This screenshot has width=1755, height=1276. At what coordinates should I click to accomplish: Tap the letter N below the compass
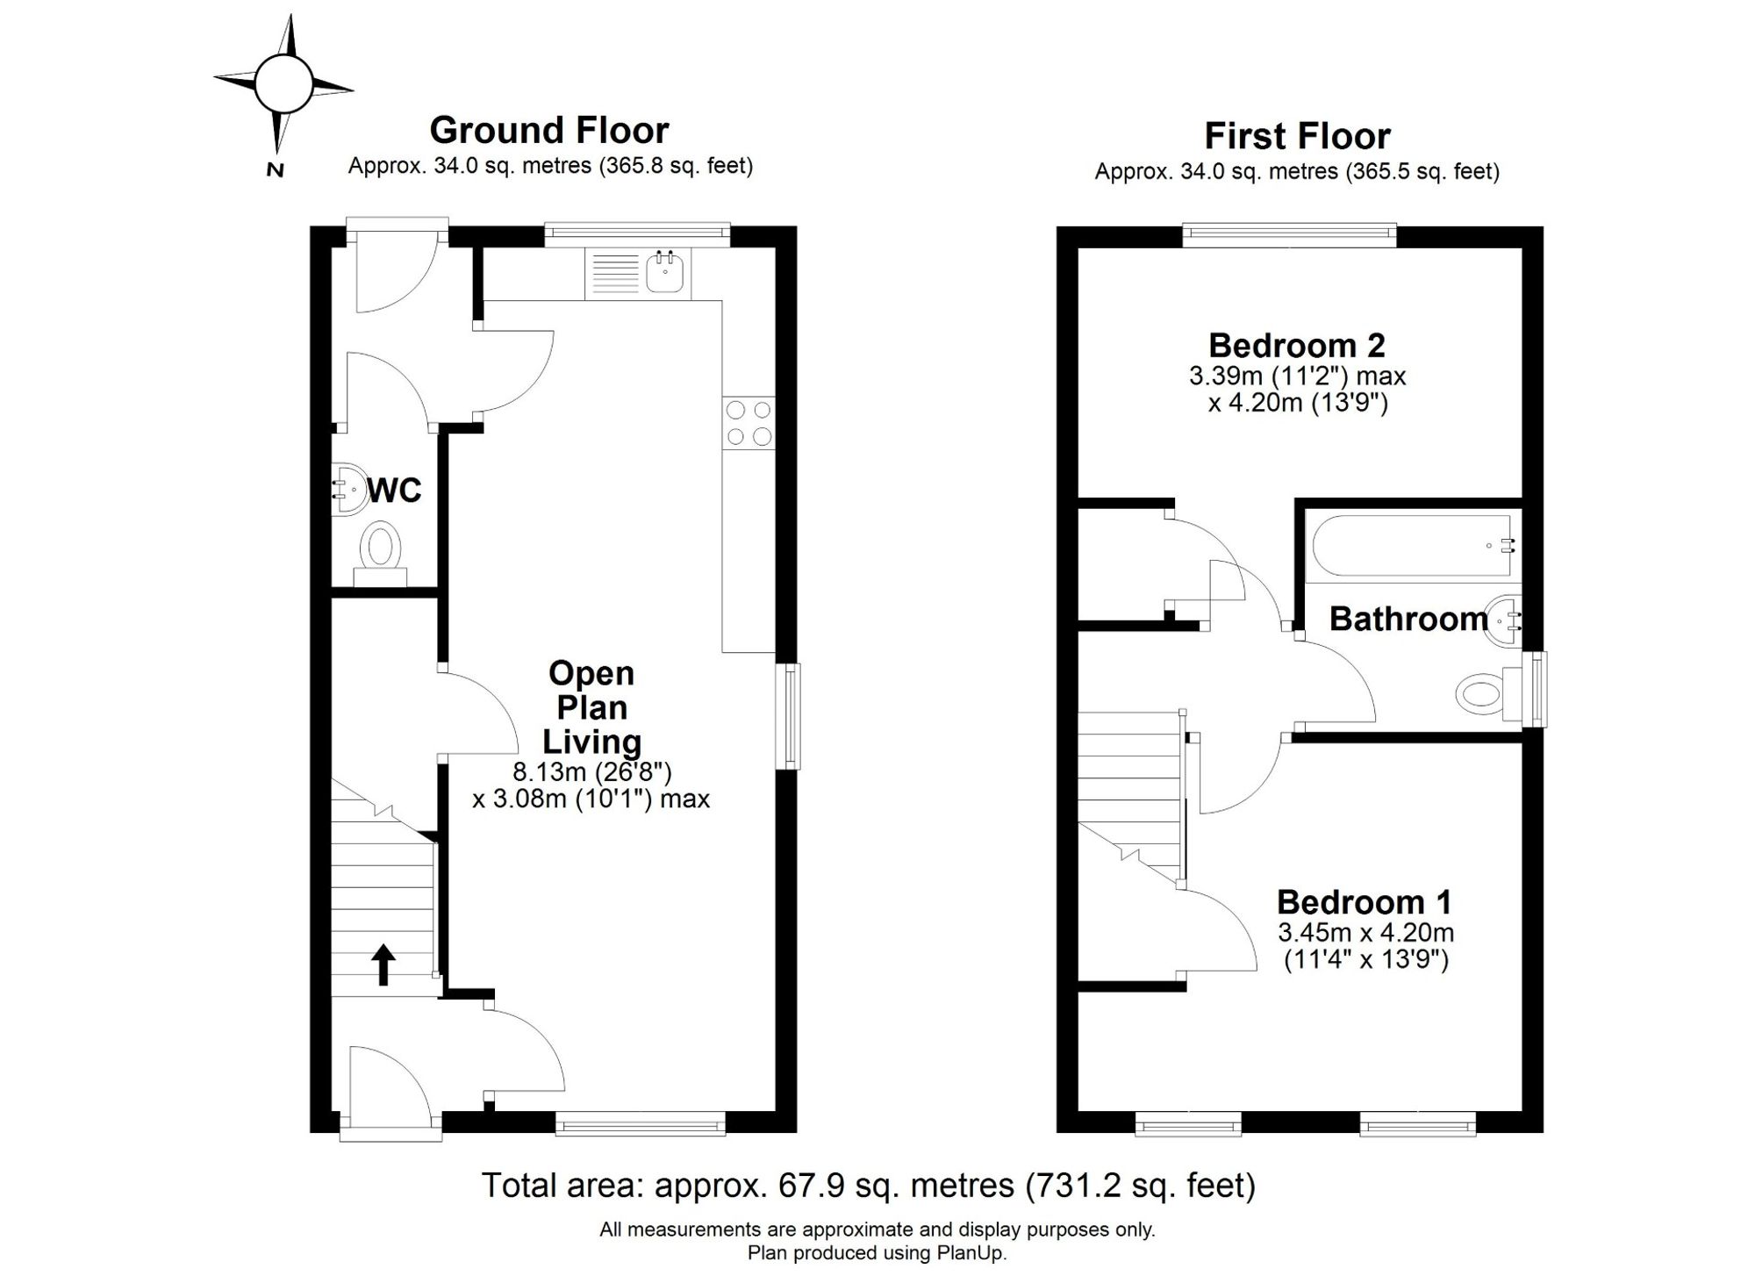[x=276, y=170]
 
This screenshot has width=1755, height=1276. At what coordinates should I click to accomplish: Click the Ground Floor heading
[x=549, y=131]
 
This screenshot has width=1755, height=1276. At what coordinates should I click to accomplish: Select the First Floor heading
[x=1297, y=136]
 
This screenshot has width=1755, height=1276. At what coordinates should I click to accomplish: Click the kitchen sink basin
[x=665, y=272]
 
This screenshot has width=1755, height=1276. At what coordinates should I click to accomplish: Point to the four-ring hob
[x=749, y=423]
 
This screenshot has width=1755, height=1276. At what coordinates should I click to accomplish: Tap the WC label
[x=395, y=491]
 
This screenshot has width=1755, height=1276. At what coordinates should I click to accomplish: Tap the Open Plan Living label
[x=591, y=707]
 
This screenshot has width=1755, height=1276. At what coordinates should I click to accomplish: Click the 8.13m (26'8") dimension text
[x=592, y=772]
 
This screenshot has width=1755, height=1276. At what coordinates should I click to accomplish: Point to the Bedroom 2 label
[x=1297, y=346]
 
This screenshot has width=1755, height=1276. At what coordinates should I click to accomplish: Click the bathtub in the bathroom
[x=1413, y=546]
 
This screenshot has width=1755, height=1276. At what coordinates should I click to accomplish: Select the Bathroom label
[x=1408, y=619]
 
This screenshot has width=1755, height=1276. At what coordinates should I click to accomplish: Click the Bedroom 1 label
[x=1365, y=902]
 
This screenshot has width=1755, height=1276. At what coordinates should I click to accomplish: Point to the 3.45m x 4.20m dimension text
[x=1365, y=932]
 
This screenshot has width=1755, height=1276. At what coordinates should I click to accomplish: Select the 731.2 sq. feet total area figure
[x=1141, y=1186]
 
